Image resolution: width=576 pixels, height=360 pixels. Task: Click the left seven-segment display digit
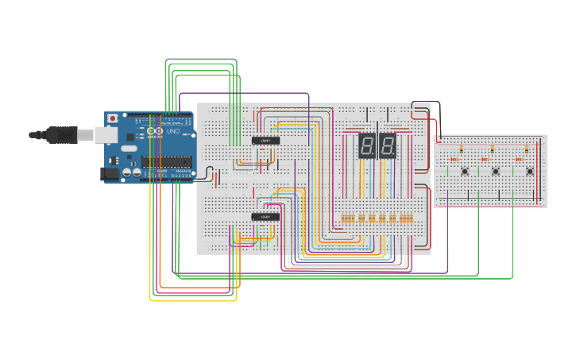click(367, 145)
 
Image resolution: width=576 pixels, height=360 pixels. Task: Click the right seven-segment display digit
click(387, 145)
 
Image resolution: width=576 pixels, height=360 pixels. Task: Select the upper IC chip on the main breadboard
click(265, 141)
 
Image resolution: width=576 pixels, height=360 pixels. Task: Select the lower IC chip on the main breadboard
click(265, 216)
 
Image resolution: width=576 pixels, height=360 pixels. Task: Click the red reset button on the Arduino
click(113, 118)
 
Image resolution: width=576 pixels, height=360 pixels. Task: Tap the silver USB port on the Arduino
click(105, 136)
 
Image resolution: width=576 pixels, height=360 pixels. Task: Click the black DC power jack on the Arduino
click(109, 173)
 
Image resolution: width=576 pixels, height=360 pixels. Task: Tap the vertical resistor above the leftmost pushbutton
click(462, 149)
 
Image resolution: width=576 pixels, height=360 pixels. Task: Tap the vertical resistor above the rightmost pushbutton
click(526, 149)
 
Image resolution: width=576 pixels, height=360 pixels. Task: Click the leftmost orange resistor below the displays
click(344, 219)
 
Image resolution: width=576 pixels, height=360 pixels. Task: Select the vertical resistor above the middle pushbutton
click(493, 149)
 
